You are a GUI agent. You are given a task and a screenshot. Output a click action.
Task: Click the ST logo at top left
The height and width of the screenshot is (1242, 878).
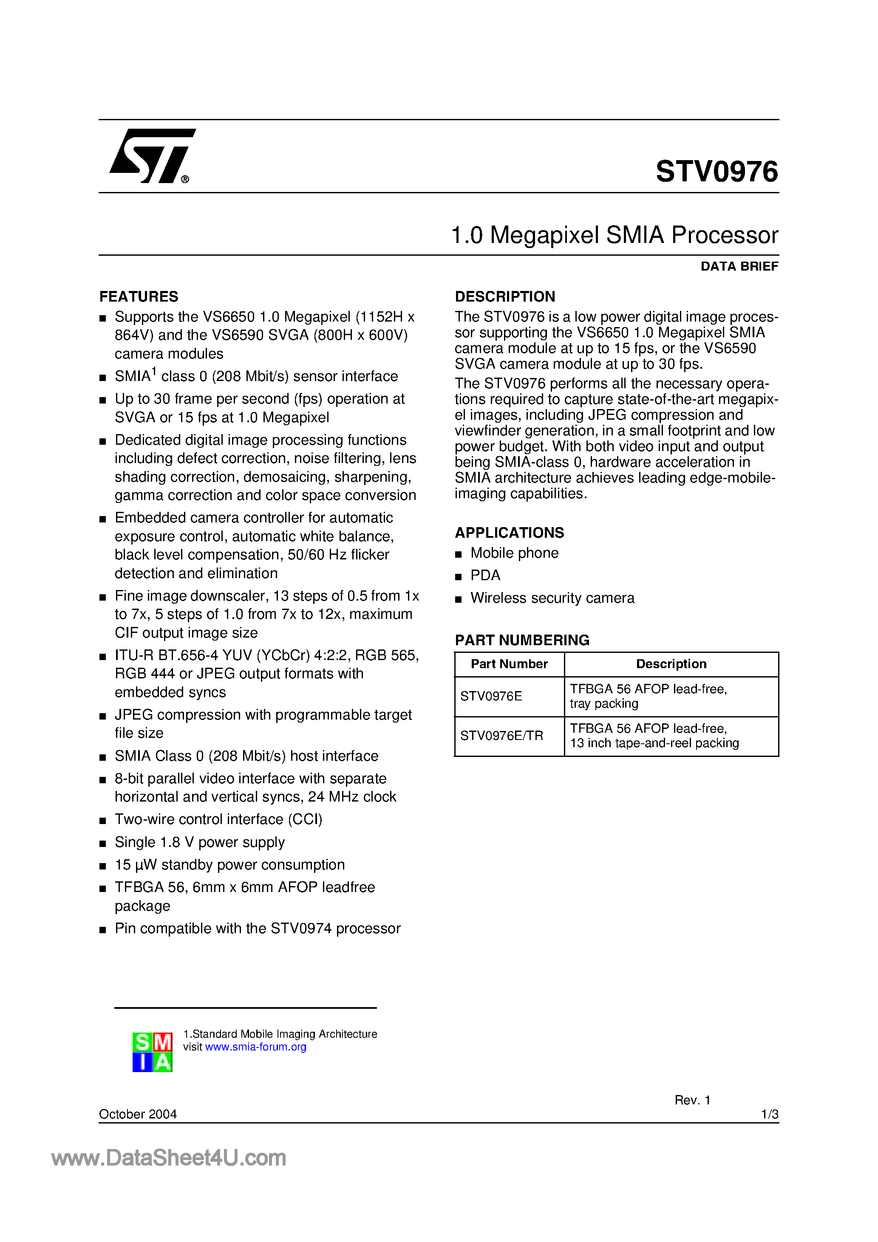(152, 156)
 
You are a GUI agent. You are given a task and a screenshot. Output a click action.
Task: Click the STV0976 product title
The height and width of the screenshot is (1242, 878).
(716, 172)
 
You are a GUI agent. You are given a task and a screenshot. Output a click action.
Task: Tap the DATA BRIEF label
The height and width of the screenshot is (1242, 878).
(739, 266)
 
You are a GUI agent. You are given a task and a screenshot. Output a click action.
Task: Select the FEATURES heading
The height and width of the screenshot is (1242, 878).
(139, 296)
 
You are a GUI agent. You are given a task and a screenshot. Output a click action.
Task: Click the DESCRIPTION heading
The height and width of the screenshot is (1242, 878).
(504, 296)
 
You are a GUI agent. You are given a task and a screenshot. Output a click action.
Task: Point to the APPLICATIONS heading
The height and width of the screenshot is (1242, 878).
(509, 533)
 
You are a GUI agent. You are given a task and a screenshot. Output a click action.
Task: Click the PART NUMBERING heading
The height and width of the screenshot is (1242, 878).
(522, 640)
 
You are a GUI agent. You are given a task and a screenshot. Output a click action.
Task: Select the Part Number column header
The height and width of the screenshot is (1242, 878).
(509, 664)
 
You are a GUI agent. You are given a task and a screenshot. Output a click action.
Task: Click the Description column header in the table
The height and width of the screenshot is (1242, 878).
(671, 664)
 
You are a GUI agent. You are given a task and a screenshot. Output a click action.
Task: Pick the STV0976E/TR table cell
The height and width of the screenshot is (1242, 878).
(501, 736)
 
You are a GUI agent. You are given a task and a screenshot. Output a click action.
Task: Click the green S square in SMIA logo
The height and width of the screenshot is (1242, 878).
(142, 1042)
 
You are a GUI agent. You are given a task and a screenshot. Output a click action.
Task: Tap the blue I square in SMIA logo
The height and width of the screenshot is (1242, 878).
(142, 1062)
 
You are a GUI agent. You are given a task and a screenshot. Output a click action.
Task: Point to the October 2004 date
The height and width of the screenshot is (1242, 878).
(138, 1114)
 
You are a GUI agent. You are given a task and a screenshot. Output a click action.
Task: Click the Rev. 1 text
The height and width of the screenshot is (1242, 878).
(692, 1100)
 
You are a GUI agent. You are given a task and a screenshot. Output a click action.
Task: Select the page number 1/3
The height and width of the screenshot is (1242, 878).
(769, 1114)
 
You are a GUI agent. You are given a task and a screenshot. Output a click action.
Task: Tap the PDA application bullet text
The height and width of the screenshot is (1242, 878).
(485, 575)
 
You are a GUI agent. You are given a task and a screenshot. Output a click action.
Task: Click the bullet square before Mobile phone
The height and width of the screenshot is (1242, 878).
(459, 554)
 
